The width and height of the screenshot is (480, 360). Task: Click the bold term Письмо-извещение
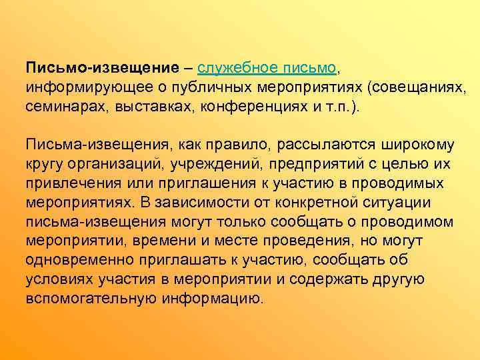[x=102, y=69]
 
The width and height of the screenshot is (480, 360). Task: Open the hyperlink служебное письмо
[x=268, y=69]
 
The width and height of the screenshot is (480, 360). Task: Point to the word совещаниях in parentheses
[x=410, y=88]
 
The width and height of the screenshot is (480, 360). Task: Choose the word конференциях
[x=255, y=107]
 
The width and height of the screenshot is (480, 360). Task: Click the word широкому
[x=417, y=145]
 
